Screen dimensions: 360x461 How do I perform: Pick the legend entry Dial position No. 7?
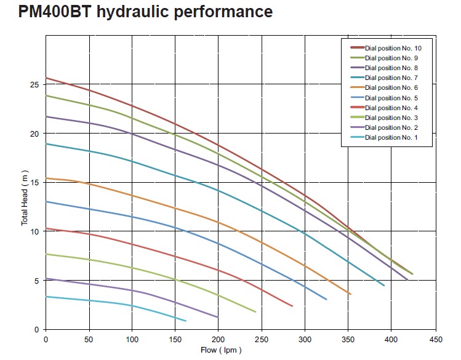(391, 78)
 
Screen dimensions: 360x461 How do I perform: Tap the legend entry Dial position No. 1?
(391, 137)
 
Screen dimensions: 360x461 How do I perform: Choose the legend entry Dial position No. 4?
(391, 108)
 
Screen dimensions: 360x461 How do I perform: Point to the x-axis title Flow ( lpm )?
(220, 350)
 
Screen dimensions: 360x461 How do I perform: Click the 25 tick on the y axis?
(34, 84)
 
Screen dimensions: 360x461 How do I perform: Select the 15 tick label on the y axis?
(34, 182)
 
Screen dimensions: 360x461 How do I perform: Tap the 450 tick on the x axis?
(435, 339)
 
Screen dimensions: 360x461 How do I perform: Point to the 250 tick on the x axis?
(262, 339)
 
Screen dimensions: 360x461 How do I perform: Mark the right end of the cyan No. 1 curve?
(186, 321)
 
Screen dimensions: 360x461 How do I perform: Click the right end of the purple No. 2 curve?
(218, 317)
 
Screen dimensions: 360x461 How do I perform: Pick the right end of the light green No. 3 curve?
(255, 312)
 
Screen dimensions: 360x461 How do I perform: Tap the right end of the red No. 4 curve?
(292, 306)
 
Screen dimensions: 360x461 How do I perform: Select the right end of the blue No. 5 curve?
(326, 299)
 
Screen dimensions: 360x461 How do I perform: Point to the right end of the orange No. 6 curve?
(350, 294)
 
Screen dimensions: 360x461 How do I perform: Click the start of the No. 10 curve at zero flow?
(46, 78)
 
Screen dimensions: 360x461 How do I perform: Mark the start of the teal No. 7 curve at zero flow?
(46, 143)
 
